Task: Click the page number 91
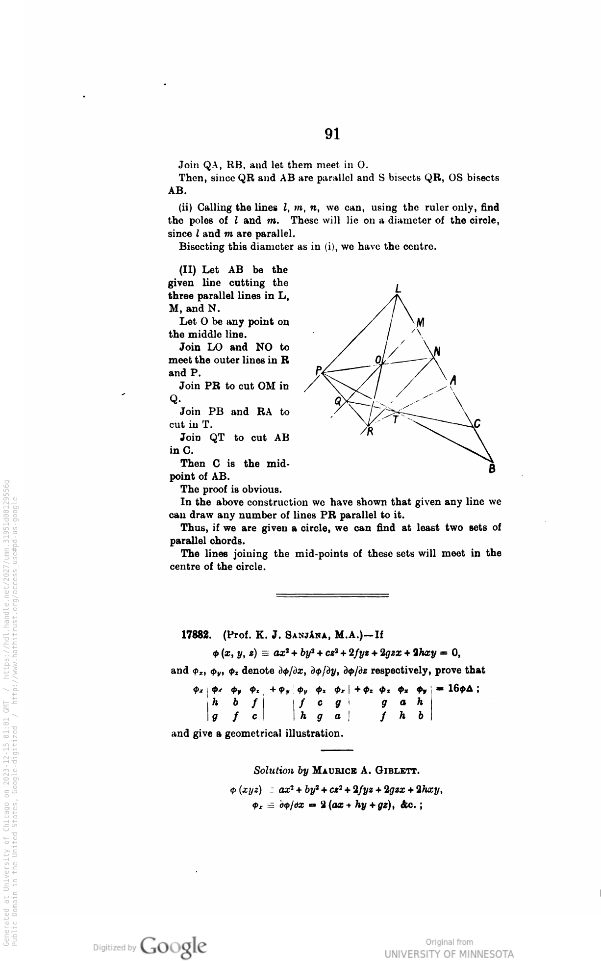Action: pyautogui.click(x=332, y=134)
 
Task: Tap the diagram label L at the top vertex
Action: pyautogui.click(x=398, y=289)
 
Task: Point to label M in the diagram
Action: pyautogui.click(x=420, y=323)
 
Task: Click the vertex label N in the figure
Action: pyautogui.click(x=438, y=351)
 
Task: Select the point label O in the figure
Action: pyautogui.click(x=378, y=361)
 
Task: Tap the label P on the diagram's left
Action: pyautogui.click(x=318, y=370)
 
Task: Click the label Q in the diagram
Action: pyautogui.click(x=337, y=401)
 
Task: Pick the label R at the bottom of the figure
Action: pyautogui.click(x=371, y=432)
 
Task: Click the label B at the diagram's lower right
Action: pyautogui.click(x=493, y=469)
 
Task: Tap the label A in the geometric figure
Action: pyautogui.click(x=453, y=380)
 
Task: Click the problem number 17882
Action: pyautogui.click(x=196, y=635)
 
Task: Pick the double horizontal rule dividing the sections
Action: pyautogui.click(x=332, y=596)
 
